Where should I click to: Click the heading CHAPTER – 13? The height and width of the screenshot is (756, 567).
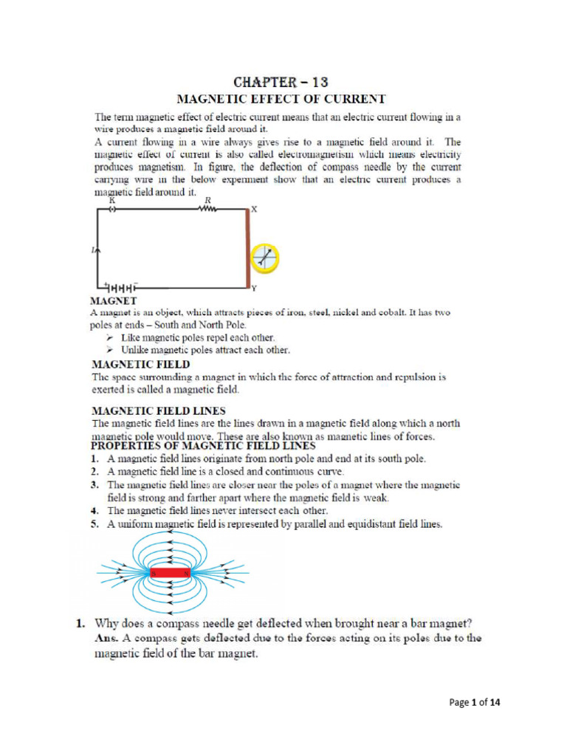(x=279, y=81)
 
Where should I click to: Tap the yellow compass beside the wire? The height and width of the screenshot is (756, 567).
(x=265, y=257)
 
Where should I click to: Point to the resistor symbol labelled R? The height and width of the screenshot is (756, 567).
(x=207, y=209)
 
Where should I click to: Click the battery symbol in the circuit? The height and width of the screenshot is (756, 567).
(x=124, y=286)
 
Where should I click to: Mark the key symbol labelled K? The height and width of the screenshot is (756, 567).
(x=112, y=209)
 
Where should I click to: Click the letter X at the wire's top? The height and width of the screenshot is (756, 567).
(x=255, y=210)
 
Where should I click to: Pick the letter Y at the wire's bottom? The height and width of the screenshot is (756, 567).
(x=254, y=287)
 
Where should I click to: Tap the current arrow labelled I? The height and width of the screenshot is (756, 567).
(x=97, y=252)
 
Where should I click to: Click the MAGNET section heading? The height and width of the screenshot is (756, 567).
(x=111, y=301)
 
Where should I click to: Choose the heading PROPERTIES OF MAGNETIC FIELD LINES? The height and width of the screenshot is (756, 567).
(x=203, y=446)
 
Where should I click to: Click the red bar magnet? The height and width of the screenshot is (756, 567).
(x=171, y=572)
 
